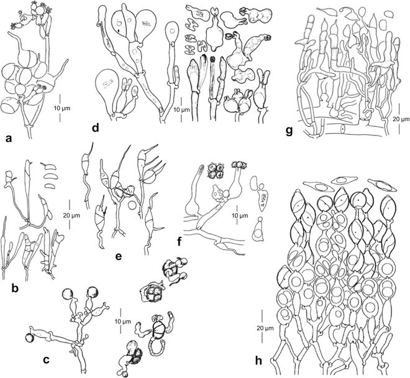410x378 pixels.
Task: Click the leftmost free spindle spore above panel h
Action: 304,186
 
